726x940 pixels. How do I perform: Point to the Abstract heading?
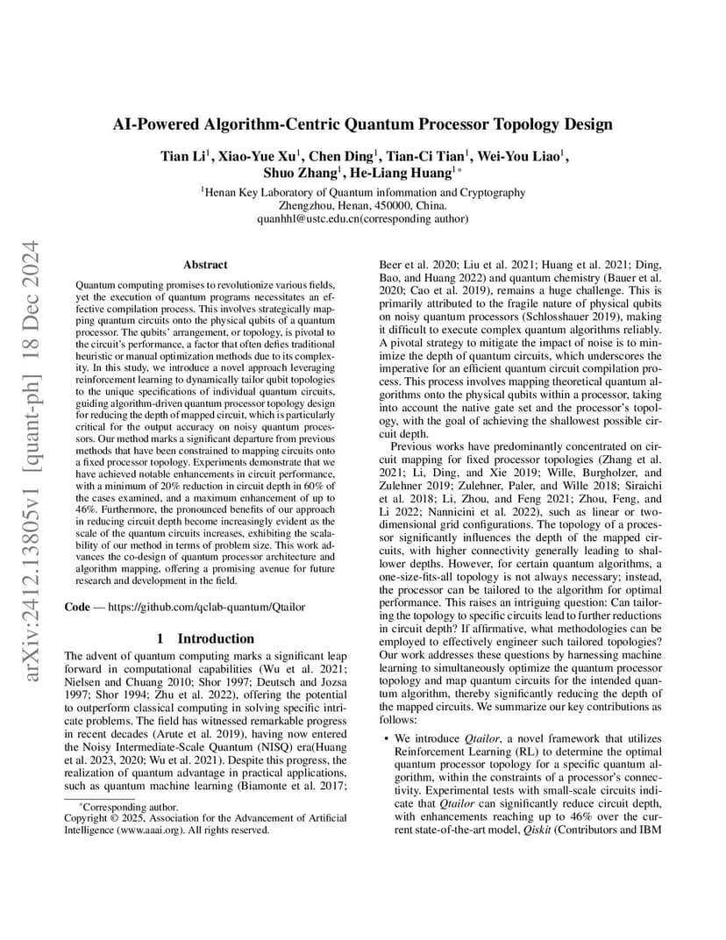tap(205, 264)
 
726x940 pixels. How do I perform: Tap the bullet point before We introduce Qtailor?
tap(388, 740)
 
